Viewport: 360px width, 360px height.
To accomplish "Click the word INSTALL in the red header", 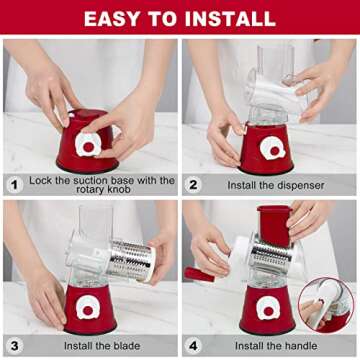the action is (230, 19).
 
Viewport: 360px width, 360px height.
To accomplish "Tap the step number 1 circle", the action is (14, 185).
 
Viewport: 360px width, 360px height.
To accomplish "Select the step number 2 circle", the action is (193, 185).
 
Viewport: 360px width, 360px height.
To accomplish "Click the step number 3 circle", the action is (14, 346).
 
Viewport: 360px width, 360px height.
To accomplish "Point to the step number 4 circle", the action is (193, 346).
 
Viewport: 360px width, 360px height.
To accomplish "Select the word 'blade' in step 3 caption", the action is (125, 346).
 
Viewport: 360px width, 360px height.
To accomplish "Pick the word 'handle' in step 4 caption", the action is (299, 346).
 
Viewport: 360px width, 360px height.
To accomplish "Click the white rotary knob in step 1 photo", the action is (88, 145).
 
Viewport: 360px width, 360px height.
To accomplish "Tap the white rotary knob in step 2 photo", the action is (273, 149).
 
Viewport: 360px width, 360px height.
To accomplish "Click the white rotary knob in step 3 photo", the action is (88, 309).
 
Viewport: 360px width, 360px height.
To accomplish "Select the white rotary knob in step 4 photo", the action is (268, 309).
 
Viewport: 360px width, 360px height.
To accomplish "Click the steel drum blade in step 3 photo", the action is (132, 260).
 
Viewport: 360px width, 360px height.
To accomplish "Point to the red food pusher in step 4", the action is (274, 226).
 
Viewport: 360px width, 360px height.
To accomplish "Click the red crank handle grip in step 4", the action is (200, 274).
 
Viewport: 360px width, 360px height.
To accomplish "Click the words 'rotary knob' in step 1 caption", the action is (102, 190).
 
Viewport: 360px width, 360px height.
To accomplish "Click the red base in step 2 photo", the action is (267, 149).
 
